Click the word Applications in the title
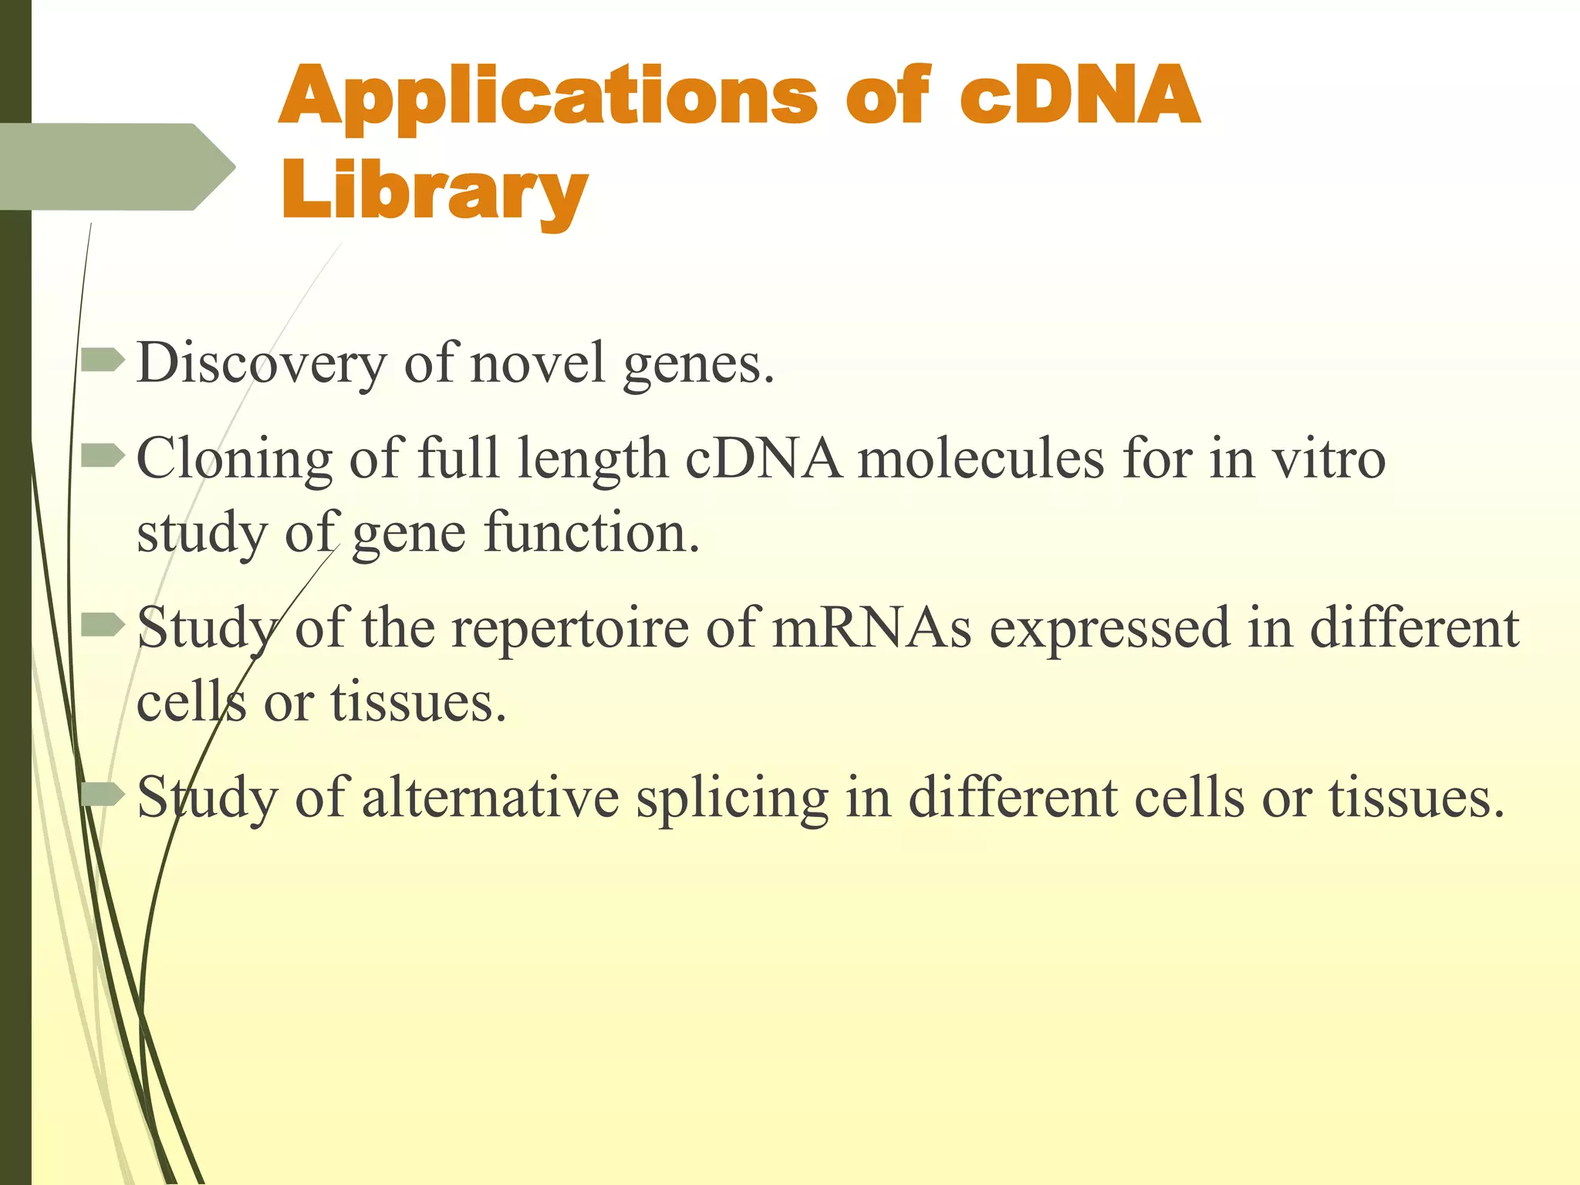(546, 97)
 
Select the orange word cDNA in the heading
(1079, 97)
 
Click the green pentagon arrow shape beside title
(116, 167)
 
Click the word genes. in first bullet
(698, 364)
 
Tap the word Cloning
(234, 459)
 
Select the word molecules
(981, 459)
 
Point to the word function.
(591, 534)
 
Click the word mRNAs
(872, 627)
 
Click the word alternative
(489, 798)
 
